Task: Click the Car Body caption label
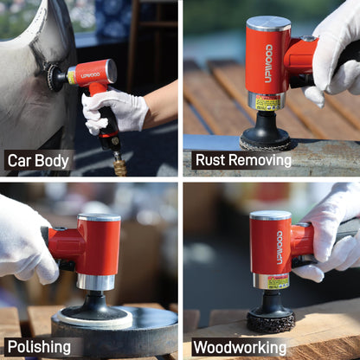coord(39,160)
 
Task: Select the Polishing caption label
coord(40,346)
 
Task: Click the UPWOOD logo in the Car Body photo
coord(91,75)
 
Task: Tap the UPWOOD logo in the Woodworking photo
coord(280,247)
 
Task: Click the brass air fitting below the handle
coord(119,164)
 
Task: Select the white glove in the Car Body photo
coord(115,111)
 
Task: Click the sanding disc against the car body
coord(58,78)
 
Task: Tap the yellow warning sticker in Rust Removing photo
coord(267,104)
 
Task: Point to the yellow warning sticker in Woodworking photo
coord(277,282)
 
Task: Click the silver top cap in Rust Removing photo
coord(268,23)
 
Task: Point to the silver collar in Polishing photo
coord(95,282)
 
